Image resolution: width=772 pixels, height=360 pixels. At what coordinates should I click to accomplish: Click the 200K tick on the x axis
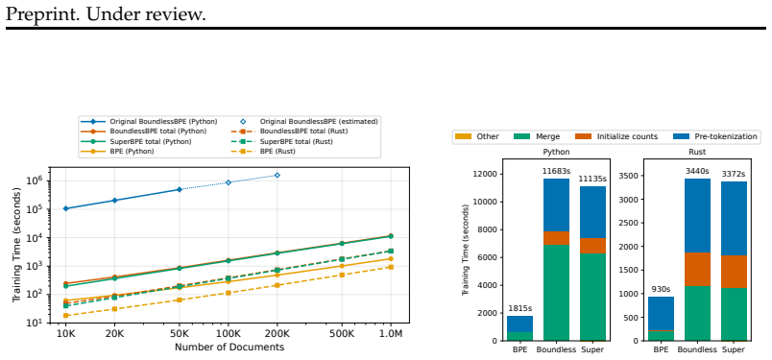[277, 334]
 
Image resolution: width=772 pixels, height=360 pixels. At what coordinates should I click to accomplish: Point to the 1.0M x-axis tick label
[391, 334]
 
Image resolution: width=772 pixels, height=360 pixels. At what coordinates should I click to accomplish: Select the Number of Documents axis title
[229, 348]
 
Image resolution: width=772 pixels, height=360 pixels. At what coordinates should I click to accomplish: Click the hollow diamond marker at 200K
[277, 176]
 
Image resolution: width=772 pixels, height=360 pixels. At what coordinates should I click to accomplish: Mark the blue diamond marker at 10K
[65, 209]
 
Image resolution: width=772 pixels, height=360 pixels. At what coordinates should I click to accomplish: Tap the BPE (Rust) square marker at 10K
[65, 316]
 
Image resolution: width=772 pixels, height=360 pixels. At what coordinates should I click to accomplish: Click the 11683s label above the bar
[556, 171]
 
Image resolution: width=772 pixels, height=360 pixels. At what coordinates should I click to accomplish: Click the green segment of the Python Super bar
[592, 297]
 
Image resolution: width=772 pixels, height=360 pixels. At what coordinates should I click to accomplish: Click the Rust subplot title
[697, 153]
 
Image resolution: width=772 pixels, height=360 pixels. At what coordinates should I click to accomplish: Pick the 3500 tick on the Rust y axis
[630, 176]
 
